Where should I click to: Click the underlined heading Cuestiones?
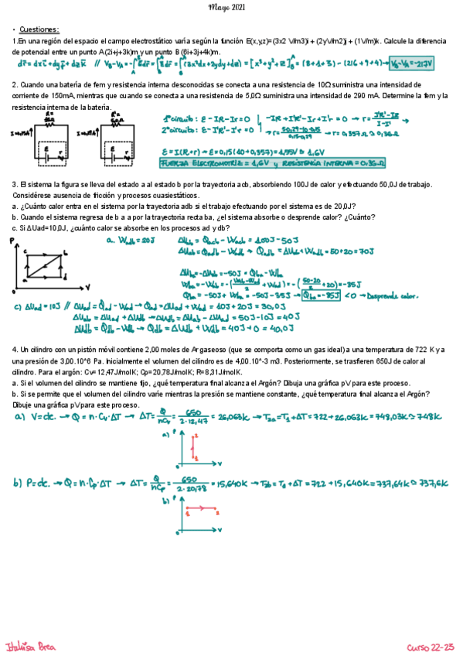[33, 28]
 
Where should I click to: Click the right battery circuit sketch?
[116, 142]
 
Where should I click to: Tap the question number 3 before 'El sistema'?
[15, 184]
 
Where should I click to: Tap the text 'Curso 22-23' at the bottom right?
[431, 645]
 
